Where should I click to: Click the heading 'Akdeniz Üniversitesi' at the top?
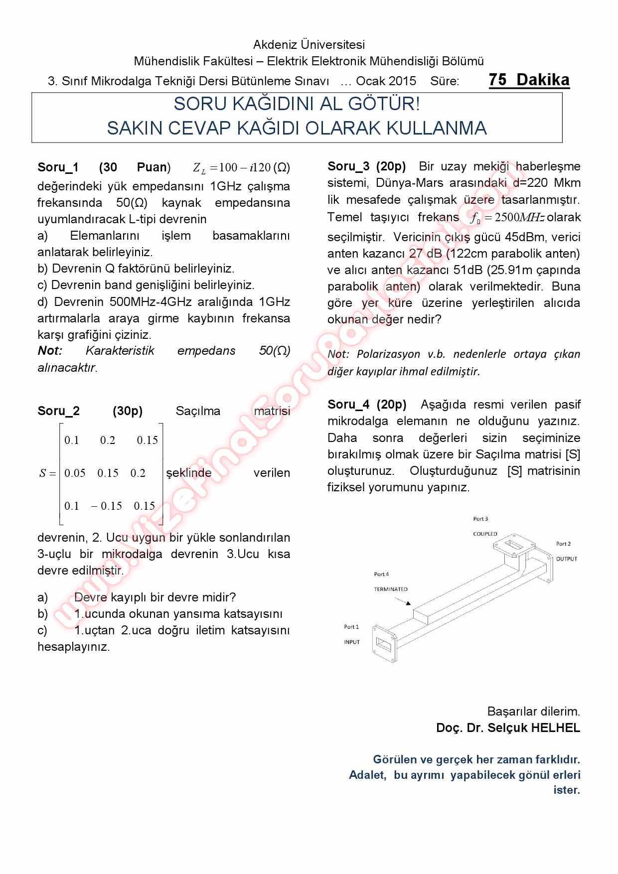(x=309, y=45)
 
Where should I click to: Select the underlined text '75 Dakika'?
(x=529, y=80)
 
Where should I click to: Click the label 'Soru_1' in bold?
(x=58, y=167)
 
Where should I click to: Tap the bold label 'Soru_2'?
(x=58, y=411)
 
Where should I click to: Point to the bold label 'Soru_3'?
(x=348, y=166)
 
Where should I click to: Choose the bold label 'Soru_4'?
(x=348, y=405)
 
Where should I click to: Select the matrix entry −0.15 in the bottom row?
(x=106, y=506)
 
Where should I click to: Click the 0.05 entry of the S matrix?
(x=75, y=473)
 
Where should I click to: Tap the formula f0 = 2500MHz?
(x=507, y=218)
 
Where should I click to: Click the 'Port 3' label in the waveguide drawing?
(x=480, y=519)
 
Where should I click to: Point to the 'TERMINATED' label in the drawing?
(x=391, y=589)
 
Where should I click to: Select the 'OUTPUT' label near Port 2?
(x=567, y=559)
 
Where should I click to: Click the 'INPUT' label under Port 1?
(x=352, y=642)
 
